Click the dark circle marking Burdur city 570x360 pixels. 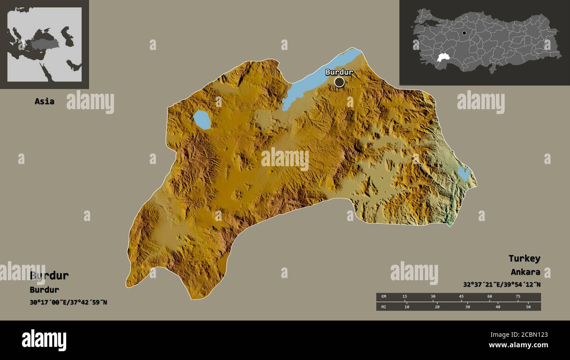pyautogui.click(x=339, y=82)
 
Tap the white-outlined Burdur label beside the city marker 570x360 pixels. pyautogui.click(x=339, y=72)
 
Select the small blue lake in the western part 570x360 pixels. pyautogui.click(x=202, y=120)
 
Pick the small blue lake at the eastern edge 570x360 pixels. pyautogui.click(x=463, y=173)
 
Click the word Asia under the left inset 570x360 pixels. pyautogui.click(x=45, y=101)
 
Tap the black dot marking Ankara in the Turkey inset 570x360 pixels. pyautogui.click(x=464, y=33)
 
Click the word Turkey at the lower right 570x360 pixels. pyautogui.click(x=524, y=258)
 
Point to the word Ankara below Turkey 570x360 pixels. pyautogui.click(x=525, y=272)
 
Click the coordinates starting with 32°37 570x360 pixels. pyautogui.click(x=502, y=284)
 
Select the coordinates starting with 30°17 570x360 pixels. pyautogui.click(x=68, y=302)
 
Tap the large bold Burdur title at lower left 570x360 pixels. pyautogui.click(x=49, y=275)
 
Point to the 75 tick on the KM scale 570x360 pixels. pyautogui.click(x=518, y=297)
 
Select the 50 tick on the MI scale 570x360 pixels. pyautogui.click(x=528, y=307)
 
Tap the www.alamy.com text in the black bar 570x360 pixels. pyautogui.click(x=518, y=345)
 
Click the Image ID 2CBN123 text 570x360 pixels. pyautogui.click(x=518, y=335)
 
